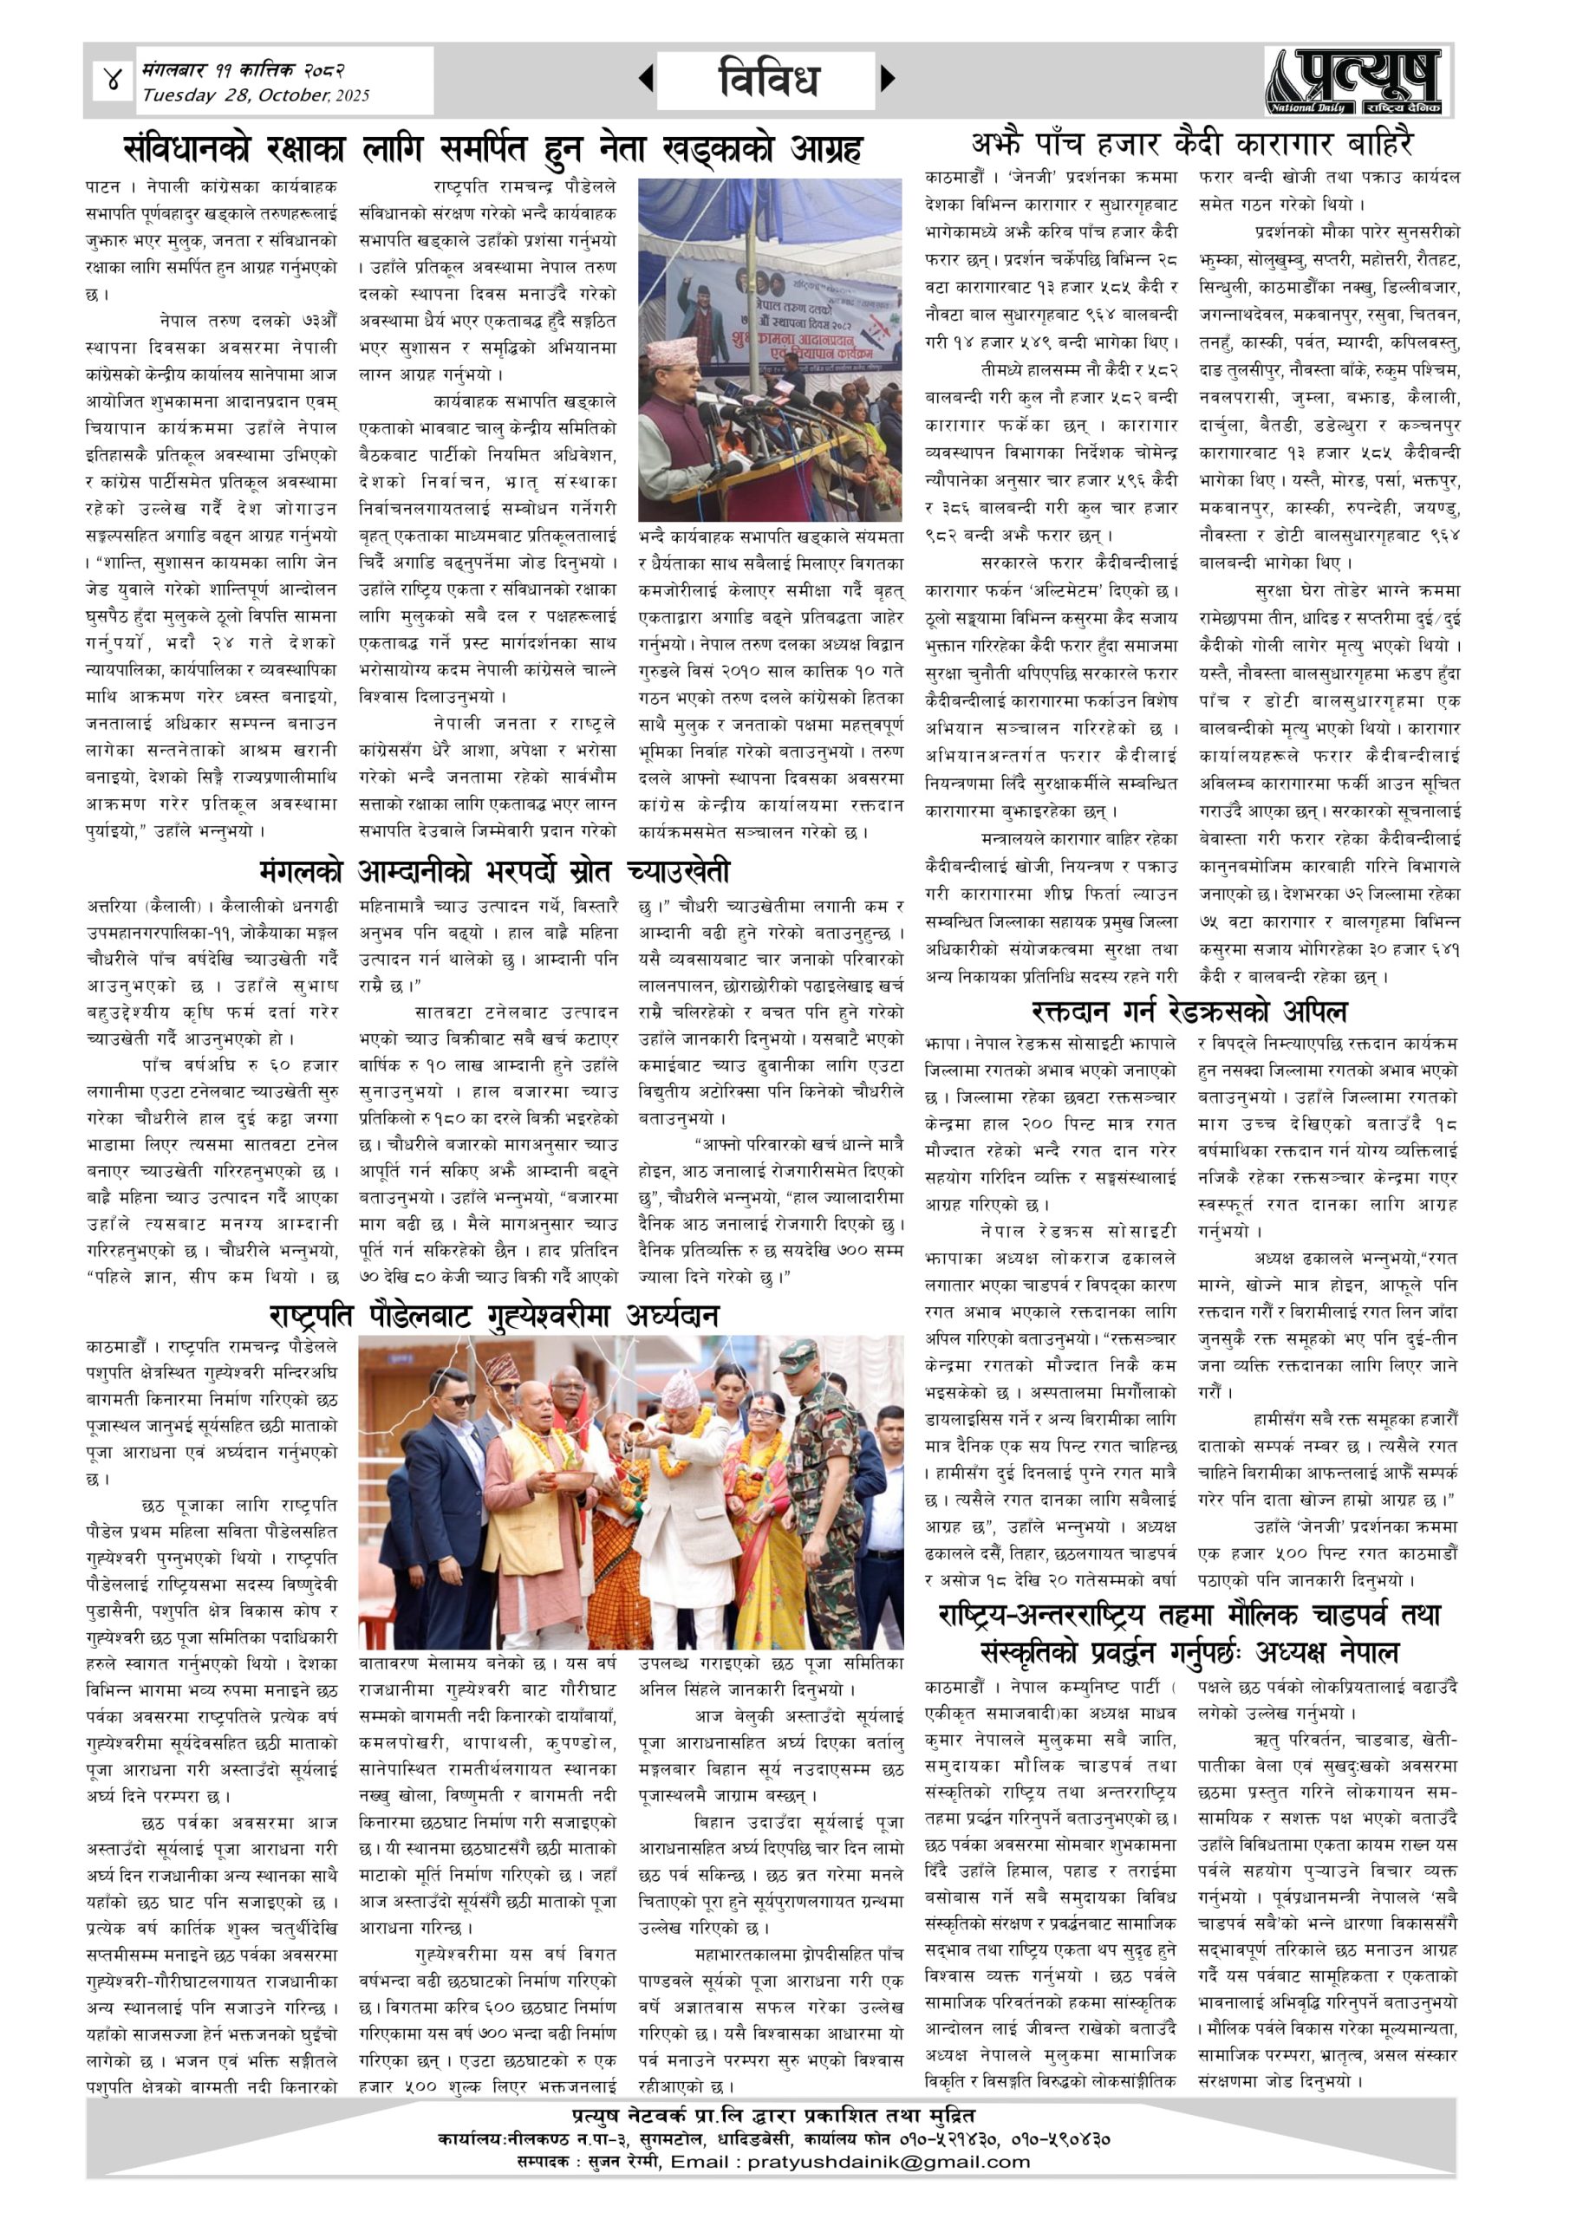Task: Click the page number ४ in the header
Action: point(113,81)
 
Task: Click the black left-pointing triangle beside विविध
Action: point(646,79)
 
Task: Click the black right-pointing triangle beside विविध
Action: point(888,79)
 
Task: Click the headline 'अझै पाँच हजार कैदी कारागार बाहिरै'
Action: point(1192,145)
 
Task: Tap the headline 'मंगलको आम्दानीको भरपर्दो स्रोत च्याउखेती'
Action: point(494,872)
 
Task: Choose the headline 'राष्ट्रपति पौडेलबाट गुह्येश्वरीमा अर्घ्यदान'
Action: point(493,1315)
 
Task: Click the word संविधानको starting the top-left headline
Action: point(186,150)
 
